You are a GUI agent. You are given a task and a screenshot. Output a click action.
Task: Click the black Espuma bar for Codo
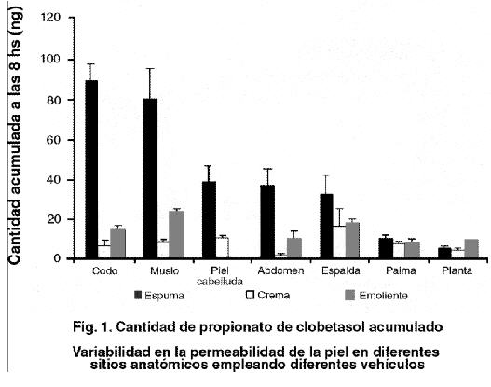coord(91,169)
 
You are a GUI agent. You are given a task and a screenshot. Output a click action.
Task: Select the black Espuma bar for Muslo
coord(150,178)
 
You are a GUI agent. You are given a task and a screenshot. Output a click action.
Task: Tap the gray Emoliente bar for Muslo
coord(177,234)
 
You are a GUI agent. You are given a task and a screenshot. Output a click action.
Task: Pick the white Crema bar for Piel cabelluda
coord(222,247)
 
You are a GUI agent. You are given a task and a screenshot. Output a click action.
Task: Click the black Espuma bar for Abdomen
coord(267,222)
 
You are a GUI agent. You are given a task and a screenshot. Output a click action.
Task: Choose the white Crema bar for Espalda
coord(339,242)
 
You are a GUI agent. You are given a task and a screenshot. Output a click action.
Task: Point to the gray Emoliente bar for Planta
coord(471,248)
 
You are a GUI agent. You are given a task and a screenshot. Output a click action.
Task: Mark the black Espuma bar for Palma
coord(386,248)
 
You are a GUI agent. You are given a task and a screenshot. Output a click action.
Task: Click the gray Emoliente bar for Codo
coord(117,243)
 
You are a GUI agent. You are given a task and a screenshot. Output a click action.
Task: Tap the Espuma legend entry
coord(158,296)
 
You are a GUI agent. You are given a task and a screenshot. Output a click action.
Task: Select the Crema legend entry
coord(267,296)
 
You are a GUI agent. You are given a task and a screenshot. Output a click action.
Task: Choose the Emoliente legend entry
coord(376,296)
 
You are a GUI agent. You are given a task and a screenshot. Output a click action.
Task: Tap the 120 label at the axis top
coord(50,17)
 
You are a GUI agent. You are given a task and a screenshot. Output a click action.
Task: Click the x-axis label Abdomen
coord(280,270)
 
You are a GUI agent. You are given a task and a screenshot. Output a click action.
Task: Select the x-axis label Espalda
coord(341,270)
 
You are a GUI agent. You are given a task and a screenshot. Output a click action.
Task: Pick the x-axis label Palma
coord(401,270)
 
